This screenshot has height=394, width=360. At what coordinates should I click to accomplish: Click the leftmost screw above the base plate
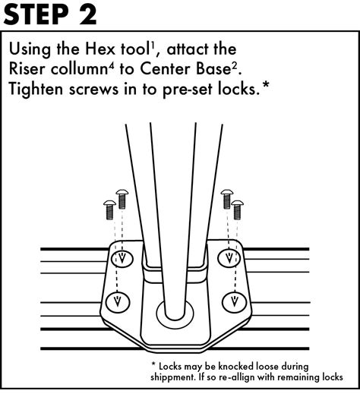[x=109, y=206]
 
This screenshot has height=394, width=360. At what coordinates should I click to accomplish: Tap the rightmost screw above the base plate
[x=238, y=207]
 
